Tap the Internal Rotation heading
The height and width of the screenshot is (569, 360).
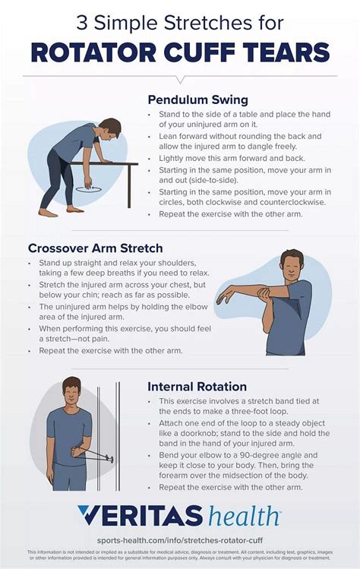(197, 387)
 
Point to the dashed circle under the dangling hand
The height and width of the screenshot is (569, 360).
(91, 185)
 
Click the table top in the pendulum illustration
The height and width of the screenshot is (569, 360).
(114, 162)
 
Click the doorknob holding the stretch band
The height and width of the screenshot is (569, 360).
(111, 458)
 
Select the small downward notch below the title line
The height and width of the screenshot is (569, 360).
(180, 79)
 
